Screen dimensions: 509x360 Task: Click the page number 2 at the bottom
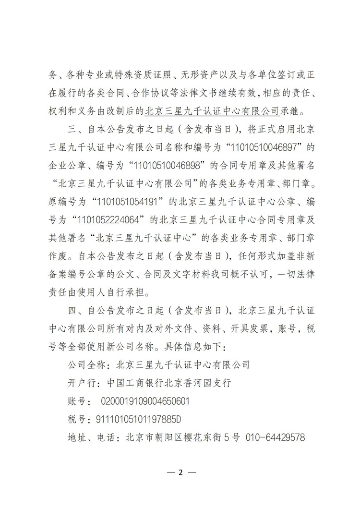click(180, 472)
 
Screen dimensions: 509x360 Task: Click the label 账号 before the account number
click(74, 400)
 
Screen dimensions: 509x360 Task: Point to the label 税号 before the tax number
click(74, 419)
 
